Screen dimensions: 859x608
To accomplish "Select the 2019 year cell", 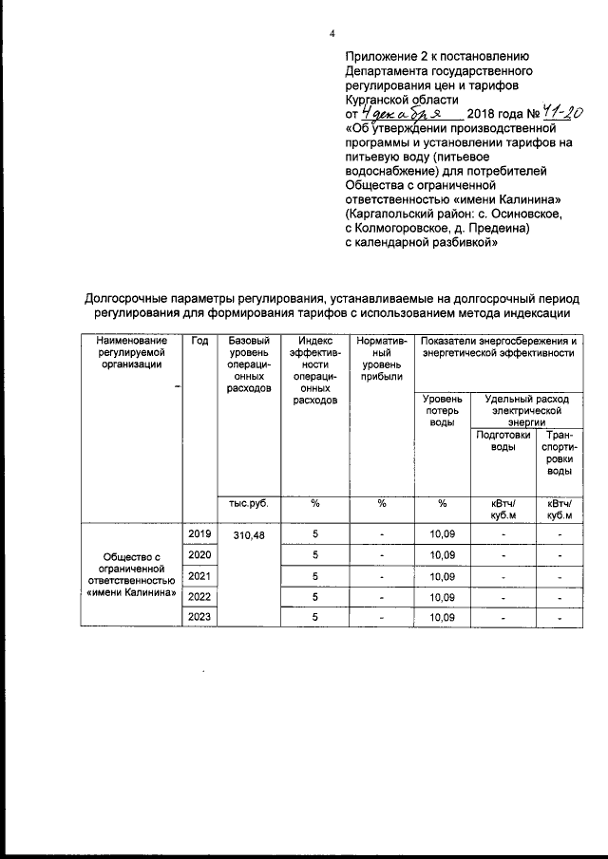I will click(199, 534).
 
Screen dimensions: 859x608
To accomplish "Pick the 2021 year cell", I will click(199, 576).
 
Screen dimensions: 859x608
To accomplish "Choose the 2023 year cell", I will click(199, 617).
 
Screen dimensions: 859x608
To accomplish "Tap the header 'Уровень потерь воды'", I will click(443, 411).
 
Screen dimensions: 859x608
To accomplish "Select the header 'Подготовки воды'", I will click(503, 440).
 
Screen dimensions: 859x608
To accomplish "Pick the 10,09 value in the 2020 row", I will click(443, 555).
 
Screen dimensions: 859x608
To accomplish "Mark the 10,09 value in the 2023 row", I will click(443, 618).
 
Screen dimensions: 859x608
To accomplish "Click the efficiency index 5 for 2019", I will click(314, 535).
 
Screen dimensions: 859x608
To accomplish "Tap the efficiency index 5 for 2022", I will click(314, 597).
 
